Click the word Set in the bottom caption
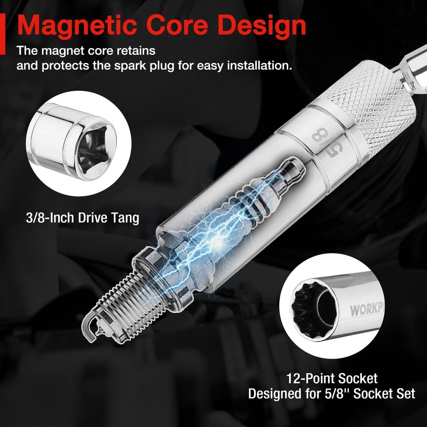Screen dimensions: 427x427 pos(405,394)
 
